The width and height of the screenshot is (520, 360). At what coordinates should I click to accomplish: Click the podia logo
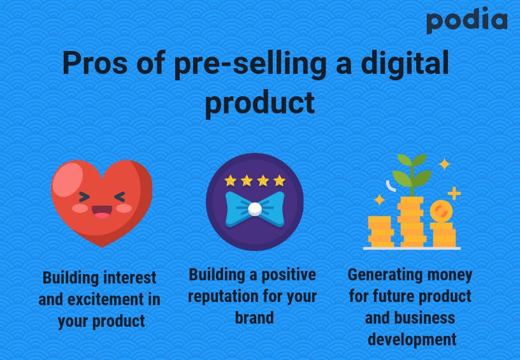click(467, 20)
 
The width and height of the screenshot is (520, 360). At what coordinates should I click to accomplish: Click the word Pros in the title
click(95, 63)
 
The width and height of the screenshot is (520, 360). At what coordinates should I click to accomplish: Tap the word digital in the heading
click(405, 63)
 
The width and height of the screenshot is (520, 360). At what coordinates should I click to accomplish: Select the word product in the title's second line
click(259, 103)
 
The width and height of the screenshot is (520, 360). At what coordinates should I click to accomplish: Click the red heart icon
click(102, 203)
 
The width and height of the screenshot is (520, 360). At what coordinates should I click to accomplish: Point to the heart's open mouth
click(102, 212)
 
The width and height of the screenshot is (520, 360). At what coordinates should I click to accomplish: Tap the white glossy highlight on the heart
click(68, 179)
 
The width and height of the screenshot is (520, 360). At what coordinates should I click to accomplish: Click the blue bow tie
click(255, 209)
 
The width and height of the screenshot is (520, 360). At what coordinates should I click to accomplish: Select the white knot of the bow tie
click(255, 209)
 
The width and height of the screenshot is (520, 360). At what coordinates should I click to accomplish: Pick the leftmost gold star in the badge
click(230, 181)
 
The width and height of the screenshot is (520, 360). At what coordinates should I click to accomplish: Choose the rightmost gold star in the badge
click(279, 181)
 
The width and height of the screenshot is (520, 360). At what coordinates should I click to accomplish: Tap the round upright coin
click(441, 211)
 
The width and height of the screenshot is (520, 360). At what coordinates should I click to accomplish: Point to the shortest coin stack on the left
click(380, 231)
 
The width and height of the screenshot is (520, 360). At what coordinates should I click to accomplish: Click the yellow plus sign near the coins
click(454, 193)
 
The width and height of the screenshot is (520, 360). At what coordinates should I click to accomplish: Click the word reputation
click(223, 296)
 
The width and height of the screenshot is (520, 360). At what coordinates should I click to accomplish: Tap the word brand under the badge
click(254, 317)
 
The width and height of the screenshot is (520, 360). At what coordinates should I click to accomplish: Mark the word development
click(412, 340)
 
